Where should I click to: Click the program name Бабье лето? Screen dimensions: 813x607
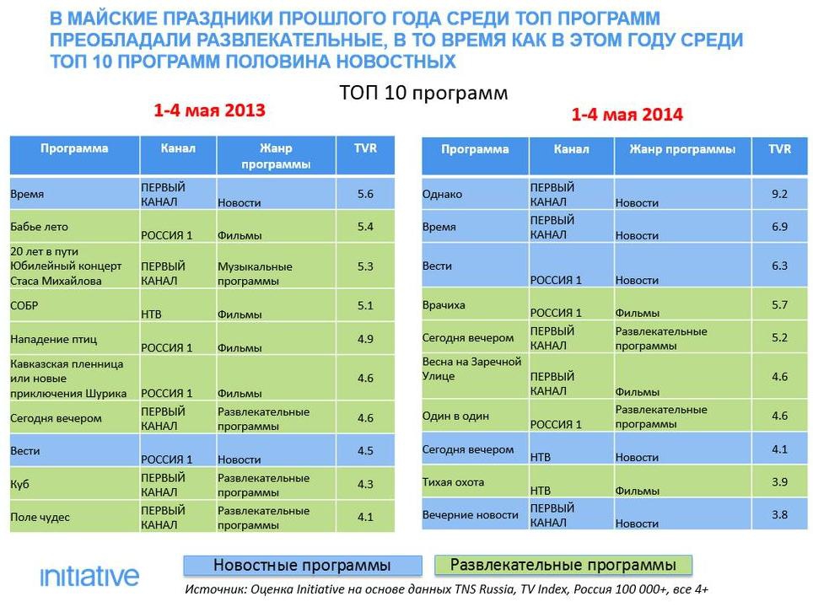(x=40, y=227)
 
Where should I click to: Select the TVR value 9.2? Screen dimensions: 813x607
(x=779, y=194)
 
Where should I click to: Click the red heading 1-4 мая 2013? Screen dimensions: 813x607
(x=209, y=110)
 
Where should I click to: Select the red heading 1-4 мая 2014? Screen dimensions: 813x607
(x=627, y=114)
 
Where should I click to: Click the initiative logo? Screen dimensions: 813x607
(x=89, y=577)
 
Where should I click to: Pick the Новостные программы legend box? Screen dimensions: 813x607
(x=302, y=566)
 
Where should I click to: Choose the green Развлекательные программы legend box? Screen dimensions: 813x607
(x=563, y=565)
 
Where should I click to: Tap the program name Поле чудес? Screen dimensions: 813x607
(x=40, y=517)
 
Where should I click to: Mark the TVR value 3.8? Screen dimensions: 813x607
(x=779, y=515)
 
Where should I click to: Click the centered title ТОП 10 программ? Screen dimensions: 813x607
(x=423, y=93)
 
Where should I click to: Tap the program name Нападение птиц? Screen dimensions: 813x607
(x=53, y=339)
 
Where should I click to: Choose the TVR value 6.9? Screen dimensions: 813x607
(x=779, y=227)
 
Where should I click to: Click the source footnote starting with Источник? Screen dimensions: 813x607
(x=446, y=589)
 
